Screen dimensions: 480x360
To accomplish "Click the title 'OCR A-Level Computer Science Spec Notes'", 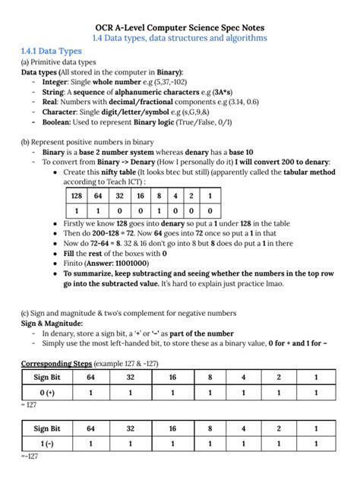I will click(180, 25).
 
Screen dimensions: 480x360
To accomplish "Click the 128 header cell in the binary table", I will click(76, 195).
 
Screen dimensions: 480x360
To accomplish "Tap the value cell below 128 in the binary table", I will click(76, 210).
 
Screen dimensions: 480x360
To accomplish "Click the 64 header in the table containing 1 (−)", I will click(92, 429).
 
